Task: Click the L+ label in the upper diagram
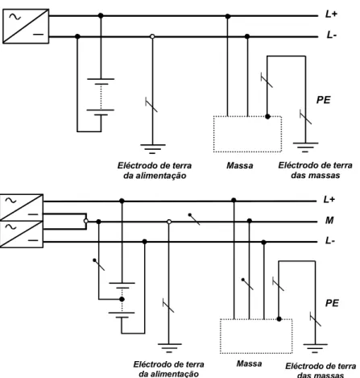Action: click(331, 14)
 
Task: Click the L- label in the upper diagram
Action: click(332, 35)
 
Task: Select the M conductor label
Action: click(329, 220)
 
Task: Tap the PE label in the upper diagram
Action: click(324, 100)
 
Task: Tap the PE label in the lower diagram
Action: click(332, 303)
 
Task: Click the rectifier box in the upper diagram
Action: click(26, 26)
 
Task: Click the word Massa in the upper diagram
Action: click(240, 165)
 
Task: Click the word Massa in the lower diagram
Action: click(249, 363)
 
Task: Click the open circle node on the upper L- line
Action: click(152, 36)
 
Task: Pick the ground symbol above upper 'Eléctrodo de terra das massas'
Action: click(305, 147)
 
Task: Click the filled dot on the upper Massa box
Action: click(267, 117)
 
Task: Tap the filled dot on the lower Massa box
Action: click(279, 319)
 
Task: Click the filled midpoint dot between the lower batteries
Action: click(122, 299)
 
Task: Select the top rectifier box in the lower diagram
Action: click(22, 207)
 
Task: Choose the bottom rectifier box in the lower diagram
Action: click(22, 235)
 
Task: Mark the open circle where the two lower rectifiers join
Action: click(86, 221)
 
